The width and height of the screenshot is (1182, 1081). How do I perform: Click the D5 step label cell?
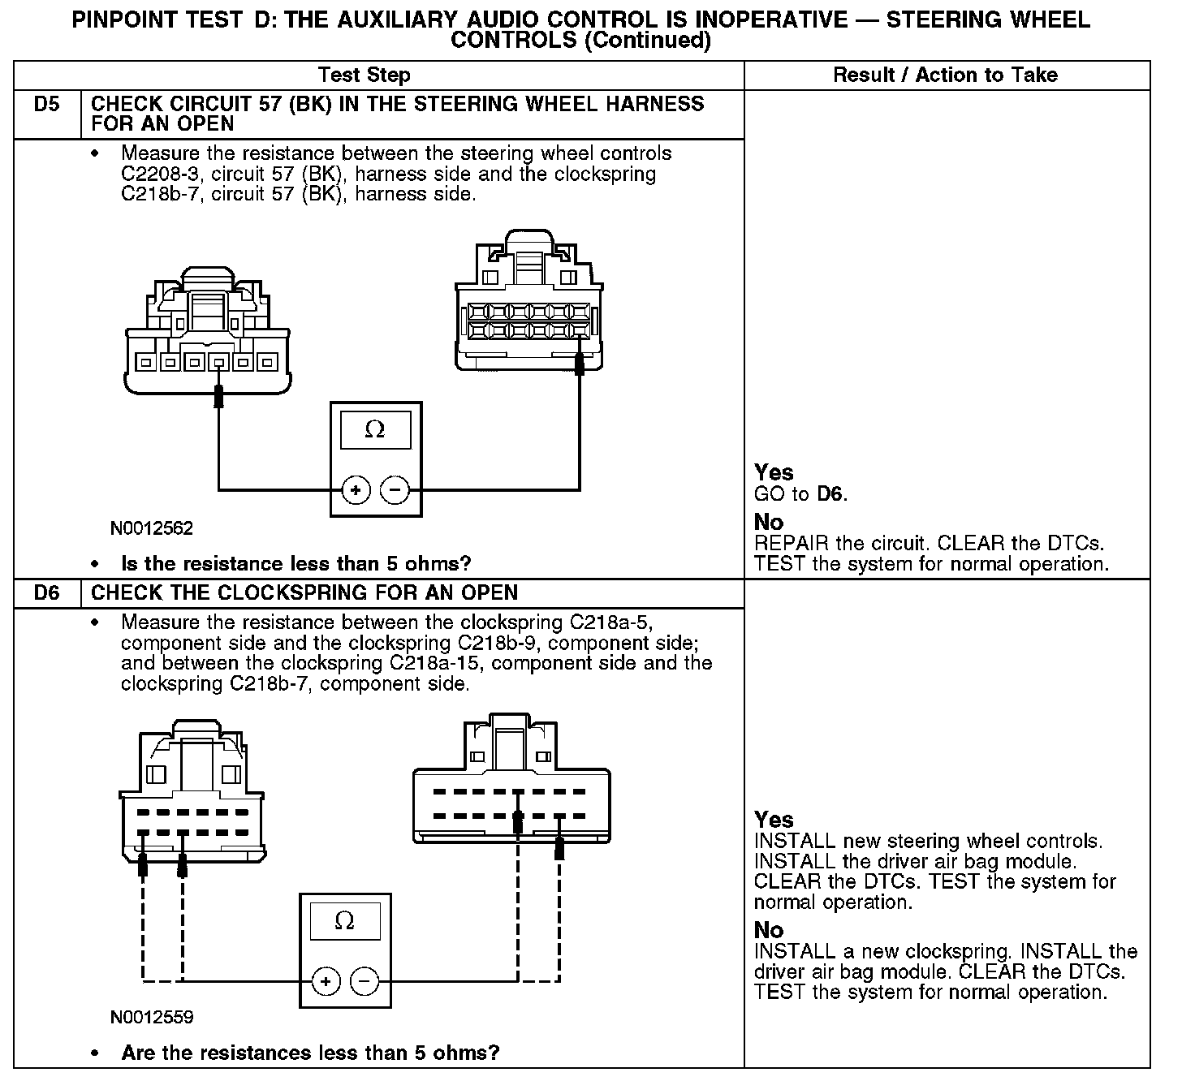47,105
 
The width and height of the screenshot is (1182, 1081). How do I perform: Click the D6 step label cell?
47,593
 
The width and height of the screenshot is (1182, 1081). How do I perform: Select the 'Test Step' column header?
365,75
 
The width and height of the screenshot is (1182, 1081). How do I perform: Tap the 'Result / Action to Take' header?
945,75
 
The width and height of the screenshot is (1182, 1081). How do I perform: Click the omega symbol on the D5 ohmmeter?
374,429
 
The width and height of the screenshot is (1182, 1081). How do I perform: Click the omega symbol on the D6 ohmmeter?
344,920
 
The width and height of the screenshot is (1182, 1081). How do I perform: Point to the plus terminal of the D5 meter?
356,490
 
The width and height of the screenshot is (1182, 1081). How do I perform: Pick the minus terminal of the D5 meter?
395,490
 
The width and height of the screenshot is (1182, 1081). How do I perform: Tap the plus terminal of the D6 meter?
326,981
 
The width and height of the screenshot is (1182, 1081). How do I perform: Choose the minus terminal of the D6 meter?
365,981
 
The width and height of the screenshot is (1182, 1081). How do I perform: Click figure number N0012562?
152,529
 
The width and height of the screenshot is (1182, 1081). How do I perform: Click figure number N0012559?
152,1018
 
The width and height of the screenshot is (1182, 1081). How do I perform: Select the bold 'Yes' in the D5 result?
774,472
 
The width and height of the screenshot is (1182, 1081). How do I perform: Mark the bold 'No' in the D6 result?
769,930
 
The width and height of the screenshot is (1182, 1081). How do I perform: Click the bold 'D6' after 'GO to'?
830,494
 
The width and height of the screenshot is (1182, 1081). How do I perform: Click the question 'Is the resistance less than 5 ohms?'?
295,563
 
